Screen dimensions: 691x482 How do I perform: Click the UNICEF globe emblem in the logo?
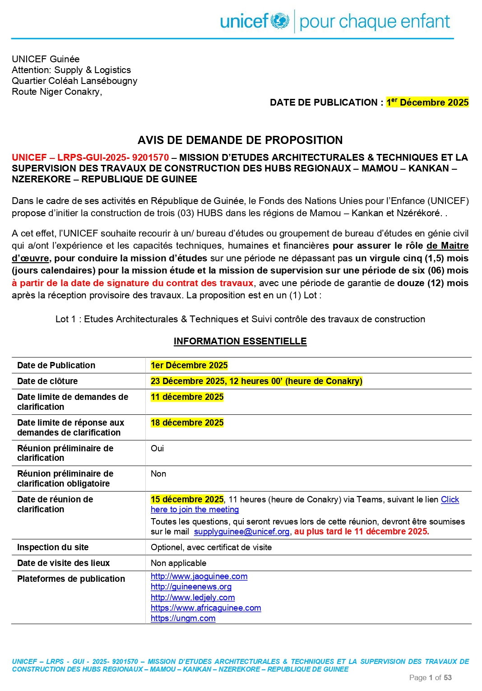click(280, 21)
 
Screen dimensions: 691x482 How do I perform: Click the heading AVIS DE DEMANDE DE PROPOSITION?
click(240, 140)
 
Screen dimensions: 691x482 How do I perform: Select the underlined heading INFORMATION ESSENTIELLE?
click(240, 341)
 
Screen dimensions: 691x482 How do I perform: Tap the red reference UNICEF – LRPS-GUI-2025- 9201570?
click(90, 158)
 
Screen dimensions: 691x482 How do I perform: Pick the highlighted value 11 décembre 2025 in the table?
click(187, 397)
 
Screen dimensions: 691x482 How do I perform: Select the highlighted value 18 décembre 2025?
click(187, 422)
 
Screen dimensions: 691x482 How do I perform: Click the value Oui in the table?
click(157, 448)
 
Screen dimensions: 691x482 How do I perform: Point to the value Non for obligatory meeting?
click(158, 473)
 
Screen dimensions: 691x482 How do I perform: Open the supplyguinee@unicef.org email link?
click(241, 531)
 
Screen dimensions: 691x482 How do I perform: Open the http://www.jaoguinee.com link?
click(199, 576)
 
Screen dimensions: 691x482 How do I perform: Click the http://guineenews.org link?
click(191, 587)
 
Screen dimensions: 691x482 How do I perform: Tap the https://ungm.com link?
click(183, 618)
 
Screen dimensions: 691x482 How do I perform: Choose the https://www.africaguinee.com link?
click(206, 608)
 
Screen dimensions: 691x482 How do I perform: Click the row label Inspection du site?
click(53, 547)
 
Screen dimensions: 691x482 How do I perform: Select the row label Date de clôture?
click(47, 381)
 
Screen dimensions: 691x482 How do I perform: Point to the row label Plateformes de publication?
click(71, 579)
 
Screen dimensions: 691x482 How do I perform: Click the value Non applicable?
click(178, 563)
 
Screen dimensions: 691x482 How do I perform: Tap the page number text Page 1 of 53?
click(430, 677)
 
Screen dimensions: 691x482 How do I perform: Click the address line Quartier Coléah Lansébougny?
click(74, 81)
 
